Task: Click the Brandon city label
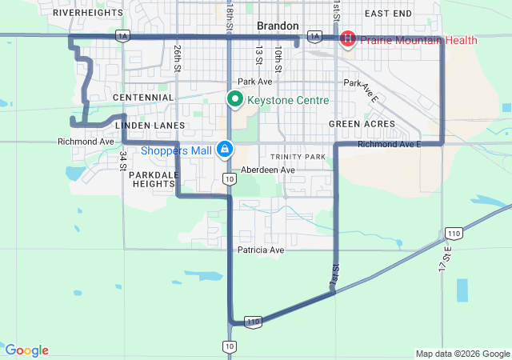[x=278, y=26]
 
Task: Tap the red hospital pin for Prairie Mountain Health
[x=348, y=38]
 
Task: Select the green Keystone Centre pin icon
[x=234, y=100]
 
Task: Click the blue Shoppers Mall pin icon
[x=226, y=150]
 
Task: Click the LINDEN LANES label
[x=150, y=126]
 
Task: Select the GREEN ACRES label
[x=362, y=124]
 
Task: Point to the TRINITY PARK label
[x=298, y=157]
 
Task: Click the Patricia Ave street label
[x=261, y=250]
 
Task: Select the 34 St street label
[x=123, y=158]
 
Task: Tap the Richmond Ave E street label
[x=389, y=145]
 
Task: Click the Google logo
[x=26, y=350]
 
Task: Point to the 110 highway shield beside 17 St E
[x=454, y=234]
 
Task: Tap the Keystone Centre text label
[x=288, y=101]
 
